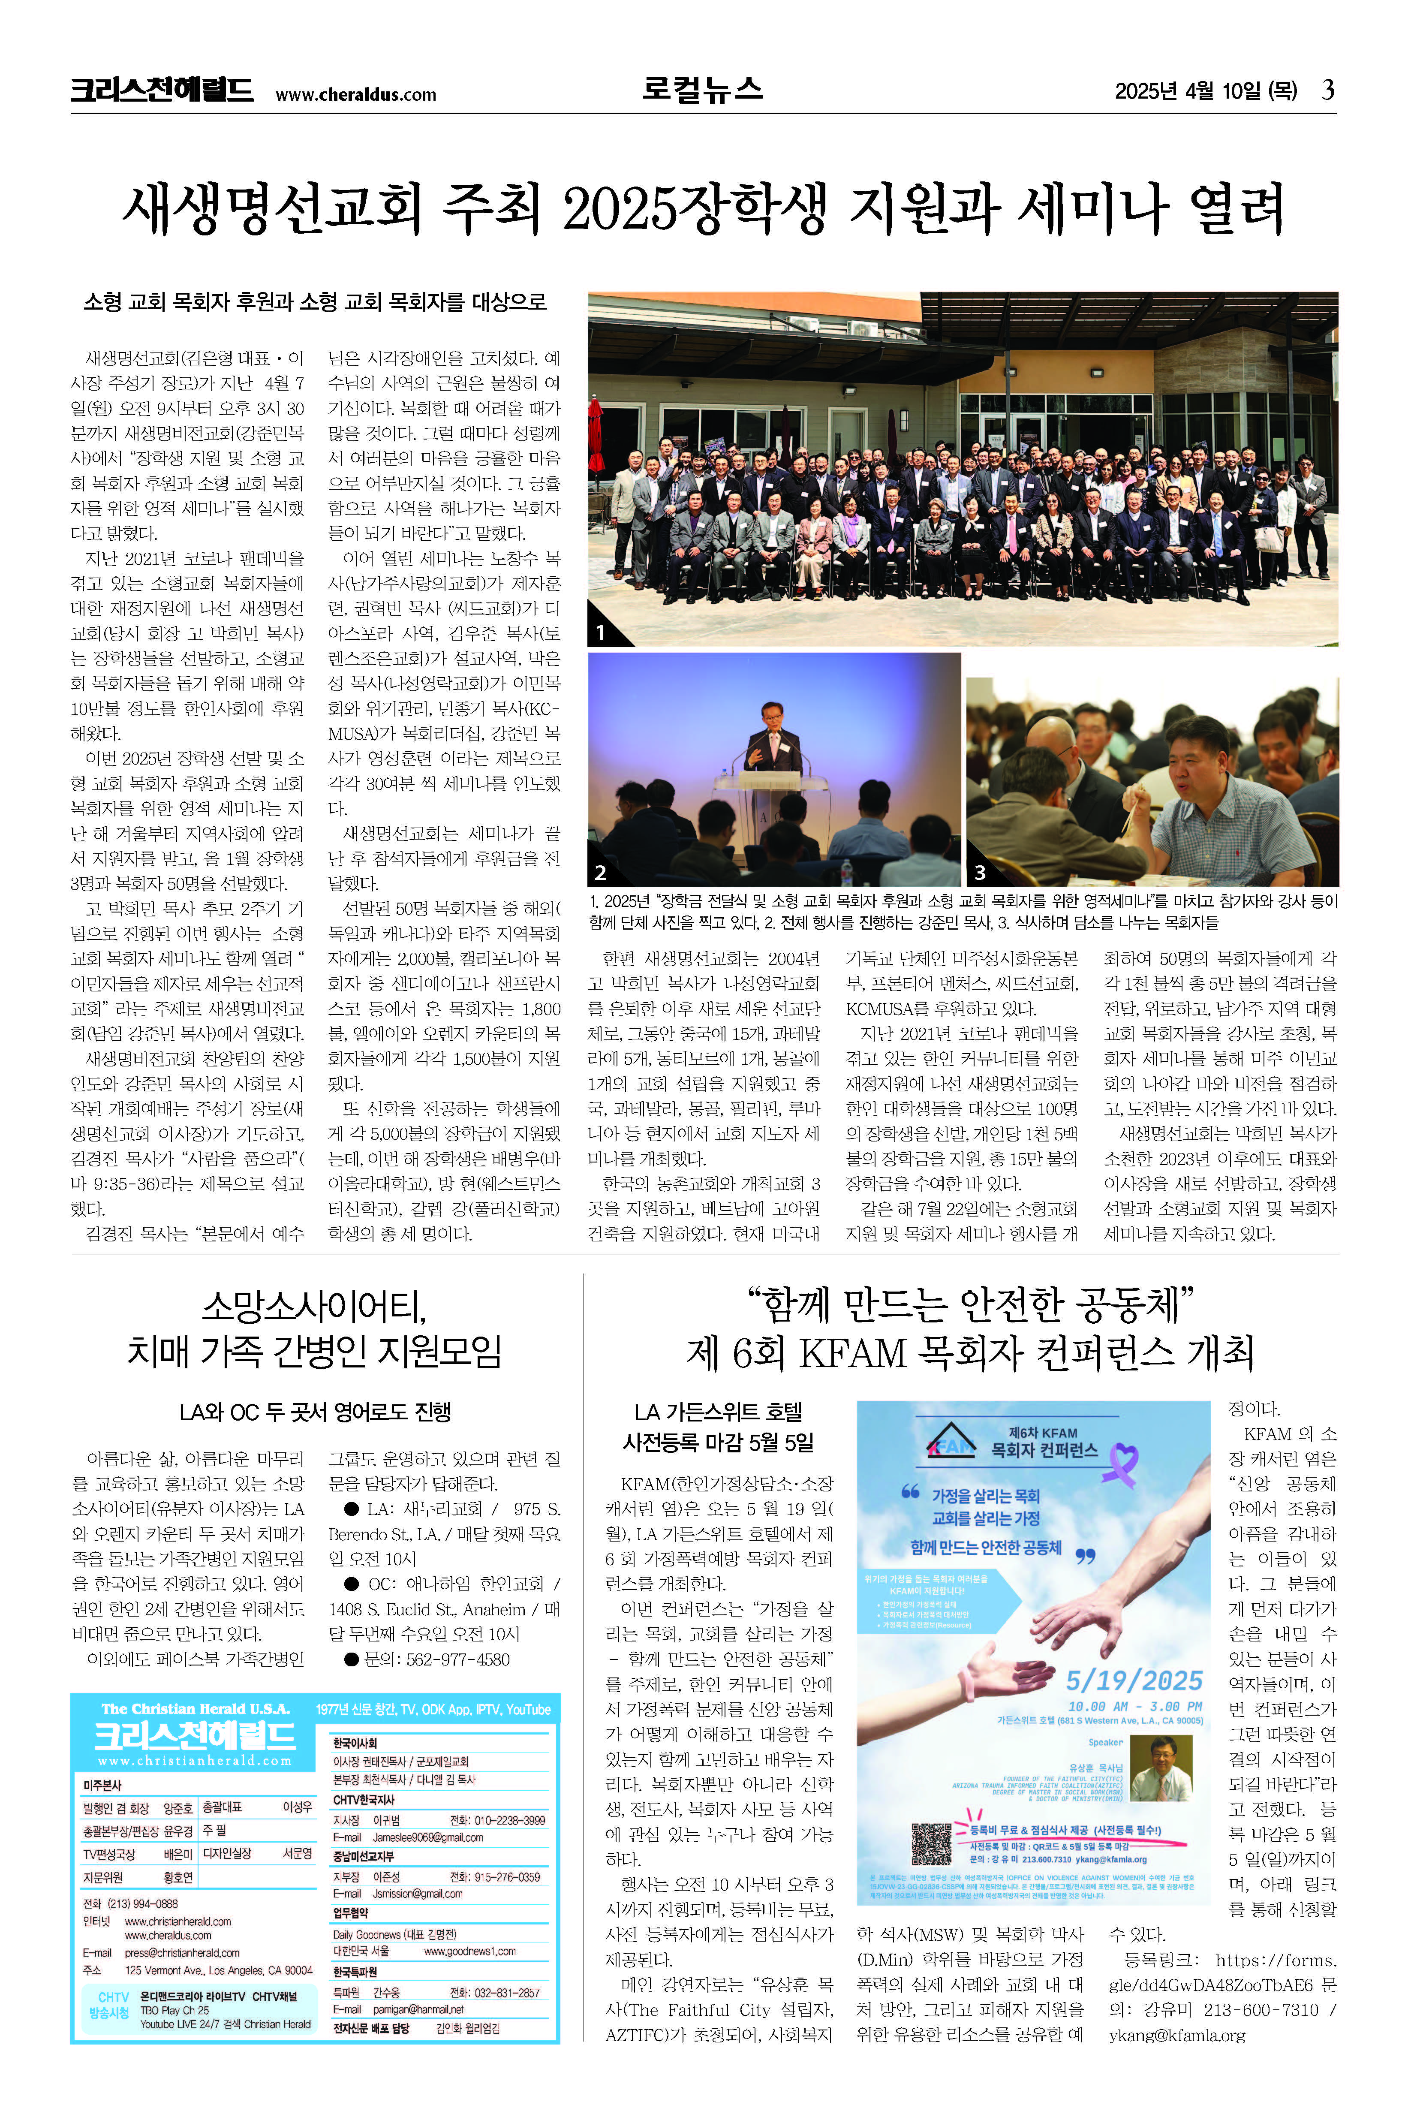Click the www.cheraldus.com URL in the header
[x=355, y=94]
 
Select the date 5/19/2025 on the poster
[x=1133, y=1680]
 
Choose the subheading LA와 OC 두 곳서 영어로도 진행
[x=315, y=1412]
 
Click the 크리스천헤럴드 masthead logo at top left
[x=162, y=90]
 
